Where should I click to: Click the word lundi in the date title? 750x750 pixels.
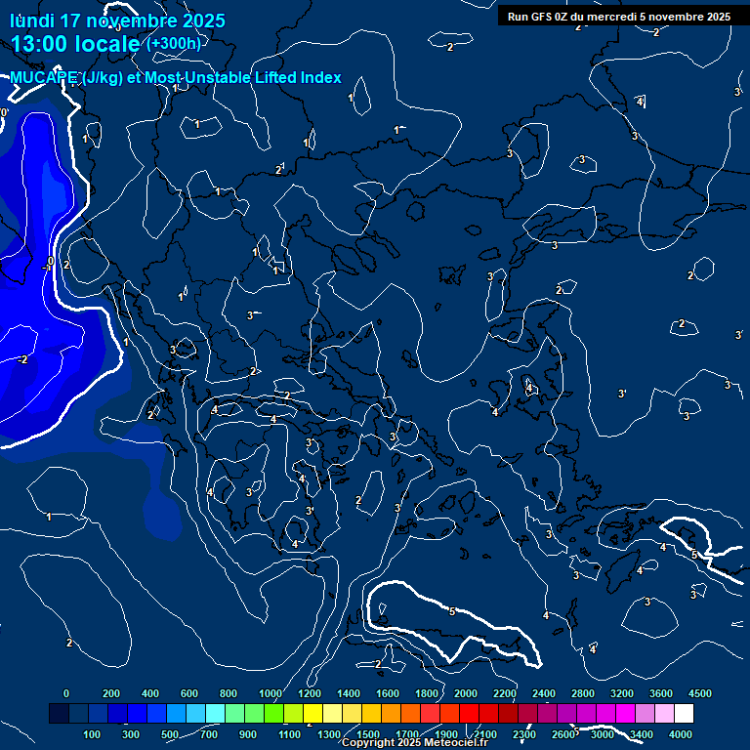point(30,21)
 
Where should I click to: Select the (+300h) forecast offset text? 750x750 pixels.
point(174,44)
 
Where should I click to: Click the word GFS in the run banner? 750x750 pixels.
point(544,17)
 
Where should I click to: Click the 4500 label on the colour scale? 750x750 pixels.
point(700,693)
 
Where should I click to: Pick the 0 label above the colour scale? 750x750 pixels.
point(66,693)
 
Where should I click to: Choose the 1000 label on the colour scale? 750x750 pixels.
point(270,693)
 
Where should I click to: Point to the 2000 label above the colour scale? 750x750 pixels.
point(466,693)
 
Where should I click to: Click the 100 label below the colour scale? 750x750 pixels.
point(93,734)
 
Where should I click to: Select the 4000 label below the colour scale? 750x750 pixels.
point(681,734)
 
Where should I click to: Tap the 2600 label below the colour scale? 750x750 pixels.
point(563,734)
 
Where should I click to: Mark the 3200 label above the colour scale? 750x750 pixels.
point(622,693)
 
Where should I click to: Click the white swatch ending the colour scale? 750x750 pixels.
point(684,714)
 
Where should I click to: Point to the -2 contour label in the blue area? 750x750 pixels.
point(22,359)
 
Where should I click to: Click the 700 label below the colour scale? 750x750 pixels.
point(209,734)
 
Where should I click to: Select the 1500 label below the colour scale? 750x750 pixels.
point(368,734)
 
